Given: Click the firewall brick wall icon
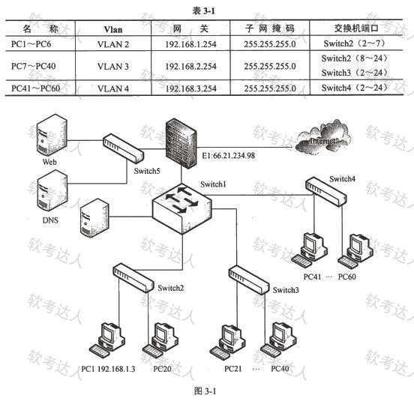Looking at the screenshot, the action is tap(181, 143).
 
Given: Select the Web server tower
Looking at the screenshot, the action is tap(52, 135).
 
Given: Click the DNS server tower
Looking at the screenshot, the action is tap(52, 190).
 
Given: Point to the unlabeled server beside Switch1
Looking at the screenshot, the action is tap(94, 218).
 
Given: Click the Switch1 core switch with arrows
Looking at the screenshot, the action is tap(182, 208).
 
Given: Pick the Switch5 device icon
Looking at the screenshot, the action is tap(123, 148).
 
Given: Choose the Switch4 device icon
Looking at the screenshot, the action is tap(326, 192).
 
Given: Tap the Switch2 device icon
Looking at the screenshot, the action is tap(133, 278).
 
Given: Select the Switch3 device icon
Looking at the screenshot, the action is tap(249, 280).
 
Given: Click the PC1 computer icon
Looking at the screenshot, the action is tap(107, 340).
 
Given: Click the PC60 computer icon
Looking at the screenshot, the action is tap(355, 248).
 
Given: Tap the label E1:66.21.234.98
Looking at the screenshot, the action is tap(229, 156).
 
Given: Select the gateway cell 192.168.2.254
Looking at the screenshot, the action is tap(190, 66).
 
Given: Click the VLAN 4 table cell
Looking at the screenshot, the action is tap(113, 88).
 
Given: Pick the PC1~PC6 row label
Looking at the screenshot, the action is tap(31, 43).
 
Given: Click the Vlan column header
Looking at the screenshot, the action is tap(113, 29).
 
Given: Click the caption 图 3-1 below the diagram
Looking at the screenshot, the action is tap(205, 391).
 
